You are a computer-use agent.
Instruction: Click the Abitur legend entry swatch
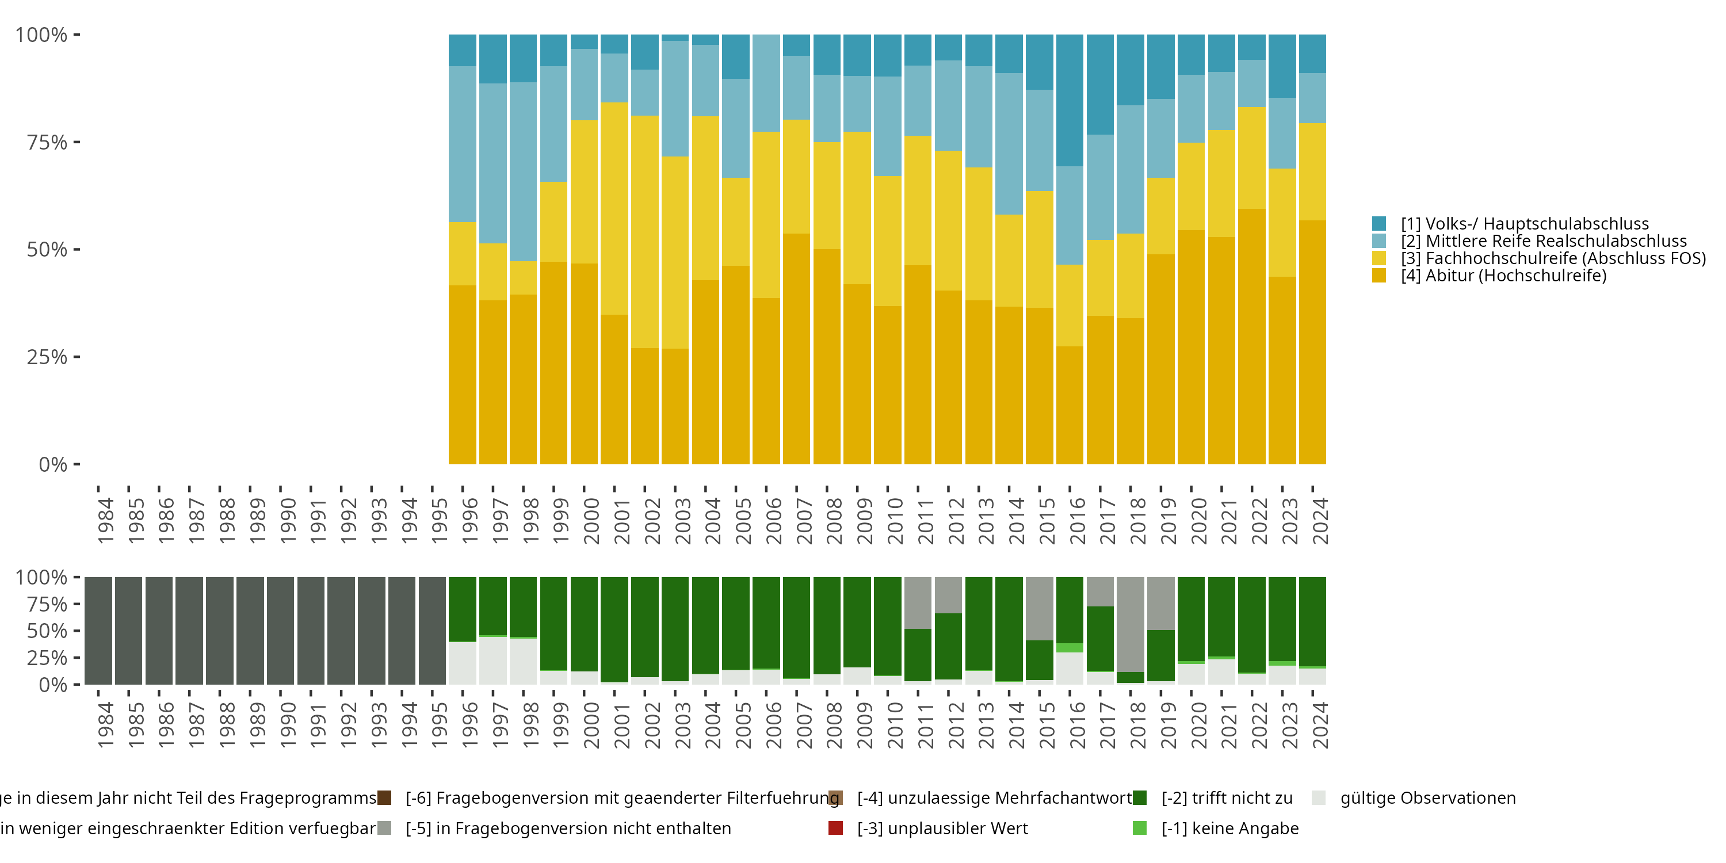[1379, 276]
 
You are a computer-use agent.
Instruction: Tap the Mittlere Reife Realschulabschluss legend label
[1543, 241]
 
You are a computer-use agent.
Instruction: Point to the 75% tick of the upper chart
[47, 142]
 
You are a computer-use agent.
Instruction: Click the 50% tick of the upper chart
[47, 250]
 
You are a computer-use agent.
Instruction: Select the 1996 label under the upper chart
[469, 521]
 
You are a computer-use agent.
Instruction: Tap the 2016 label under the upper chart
[1077, 521]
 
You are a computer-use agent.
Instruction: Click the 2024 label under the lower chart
[1320, 725]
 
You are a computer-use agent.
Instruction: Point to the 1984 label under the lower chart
[105, 725]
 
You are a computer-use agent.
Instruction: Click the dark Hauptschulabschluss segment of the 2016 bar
[1070, 101]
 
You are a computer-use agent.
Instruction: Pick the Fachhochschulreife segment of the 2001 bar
[614, 208]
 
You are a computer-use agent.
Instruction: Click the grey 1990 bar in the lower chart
[280, 631]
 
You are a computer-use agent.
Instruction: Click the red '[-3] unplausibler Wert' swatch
[835, 828]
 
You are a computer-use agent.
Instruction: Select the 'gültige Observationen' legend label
[1427, 798]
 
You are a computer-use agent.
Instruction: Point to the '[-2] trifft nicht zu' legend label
[1226, 798]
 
